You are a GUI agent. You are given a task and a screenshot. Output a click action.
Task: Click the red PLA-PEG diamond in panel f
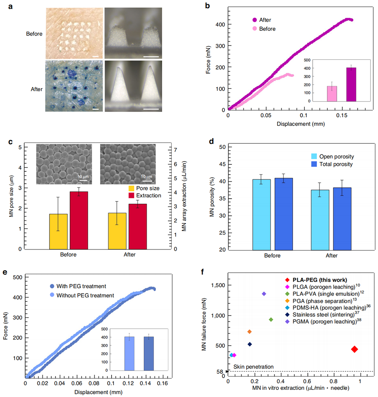[x=355, y=349]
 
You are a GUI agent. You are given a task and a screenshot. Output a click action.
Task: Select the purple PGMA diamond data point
[x=264, y=294]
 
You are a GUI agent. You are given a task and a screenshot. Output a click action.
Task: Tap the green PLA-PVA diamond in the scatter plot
[x=271, y=320]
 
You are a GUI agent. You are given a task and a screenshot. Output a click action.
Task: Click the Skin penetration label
[x=253, y=367]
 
